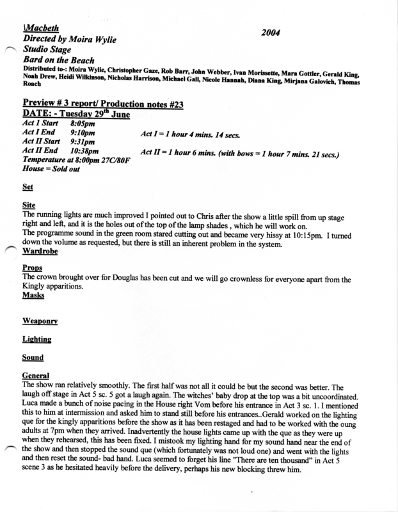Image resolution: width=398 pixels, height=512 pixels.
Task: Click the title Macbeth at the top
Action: pos(38,29)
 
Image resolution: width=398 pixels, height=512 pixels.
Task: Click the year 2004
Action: pos(274,32)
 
